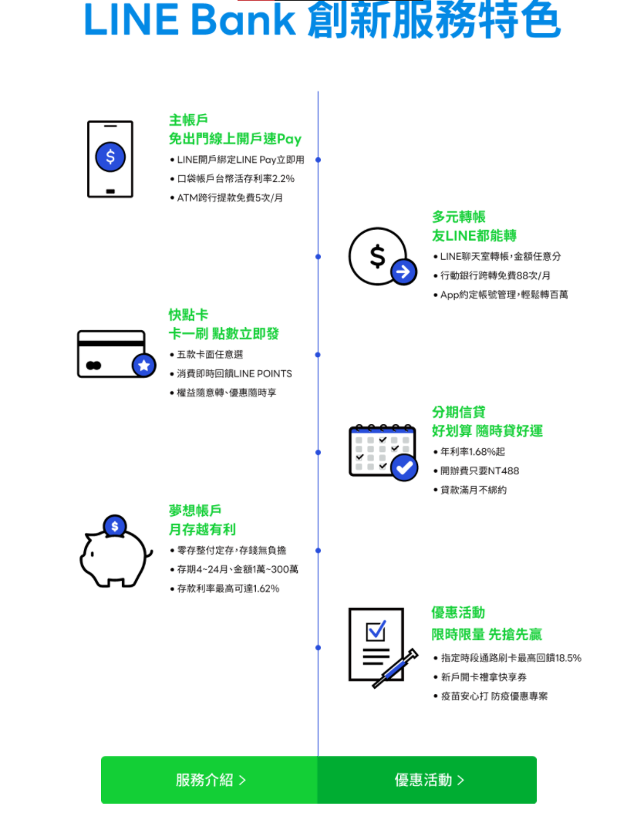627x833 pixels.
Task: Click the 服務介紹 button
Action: pos(210,779)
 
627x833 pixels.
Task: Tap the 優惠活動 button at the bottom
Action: pos(427,779)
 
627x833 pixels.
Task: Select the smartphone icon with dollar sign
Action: pos(110,159)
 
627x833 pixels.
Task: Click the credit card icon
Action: pos(116,354)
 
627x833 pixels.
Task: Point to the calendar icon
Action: pos(383,452)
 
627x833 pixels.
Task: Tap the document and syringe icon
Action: pos(383,648)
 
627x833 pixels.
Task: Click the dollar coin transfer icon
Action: pos(383,257)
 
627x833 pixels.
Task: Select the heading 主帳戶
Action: pos(189,120)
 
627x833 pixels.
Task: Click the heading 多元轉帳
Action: pos(459,217)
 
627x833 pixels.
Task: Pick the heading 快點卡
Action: pos(189,315)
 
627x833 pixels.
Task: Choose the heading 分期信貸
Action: pos(459,412)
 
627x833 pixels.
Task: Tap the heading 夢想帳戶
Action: pos(195,511)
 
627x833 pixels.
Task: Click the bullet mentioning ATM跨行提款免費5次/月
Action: pos(227,197)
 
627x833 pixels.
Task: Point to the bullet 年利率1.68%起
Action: pos(469,451)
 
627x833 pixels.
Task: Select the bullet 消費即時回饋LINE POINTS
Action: pos(231,373)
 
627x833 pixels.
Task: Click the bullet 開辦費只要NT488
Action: pos(476,470)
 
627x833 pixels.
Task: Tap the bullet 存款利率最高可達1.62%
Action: pos(224,588)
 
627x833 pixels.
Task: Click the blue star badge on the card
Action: pos(143,365)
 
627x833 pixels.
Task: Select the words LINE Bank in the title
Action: pos(190,20)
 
